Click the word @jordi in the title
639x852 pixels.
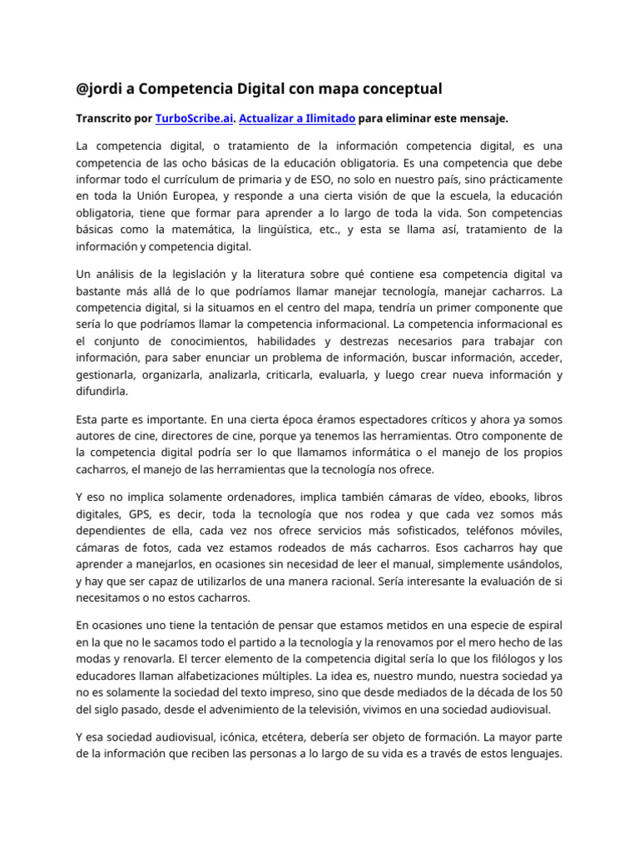click(x=101, y=88)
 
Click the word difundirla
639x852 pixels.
click(x=103, y=392)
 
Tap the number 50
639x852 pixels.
click(x=555, y=693)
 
